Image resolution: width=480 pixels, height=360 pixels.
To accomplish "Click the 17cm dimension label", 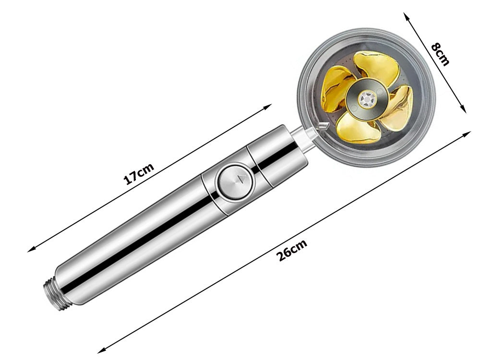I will pos(139,174).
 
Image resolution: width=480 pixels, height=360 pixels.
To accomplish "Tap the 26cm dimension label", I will pos(291,250).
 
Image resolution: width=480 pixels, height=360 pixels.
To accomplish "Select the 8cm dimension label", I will pos(440,54).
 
